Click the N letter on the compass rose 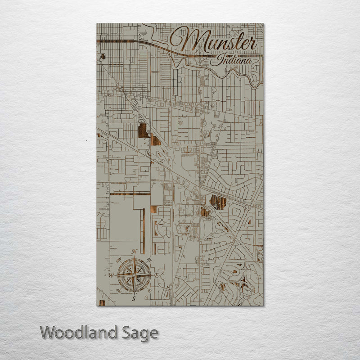[x=134, y=252]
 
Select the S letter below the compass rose [x=134, y=298]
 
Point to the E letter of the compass [x=157, y=275]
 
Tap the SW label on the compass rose [x=119, y=290]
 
